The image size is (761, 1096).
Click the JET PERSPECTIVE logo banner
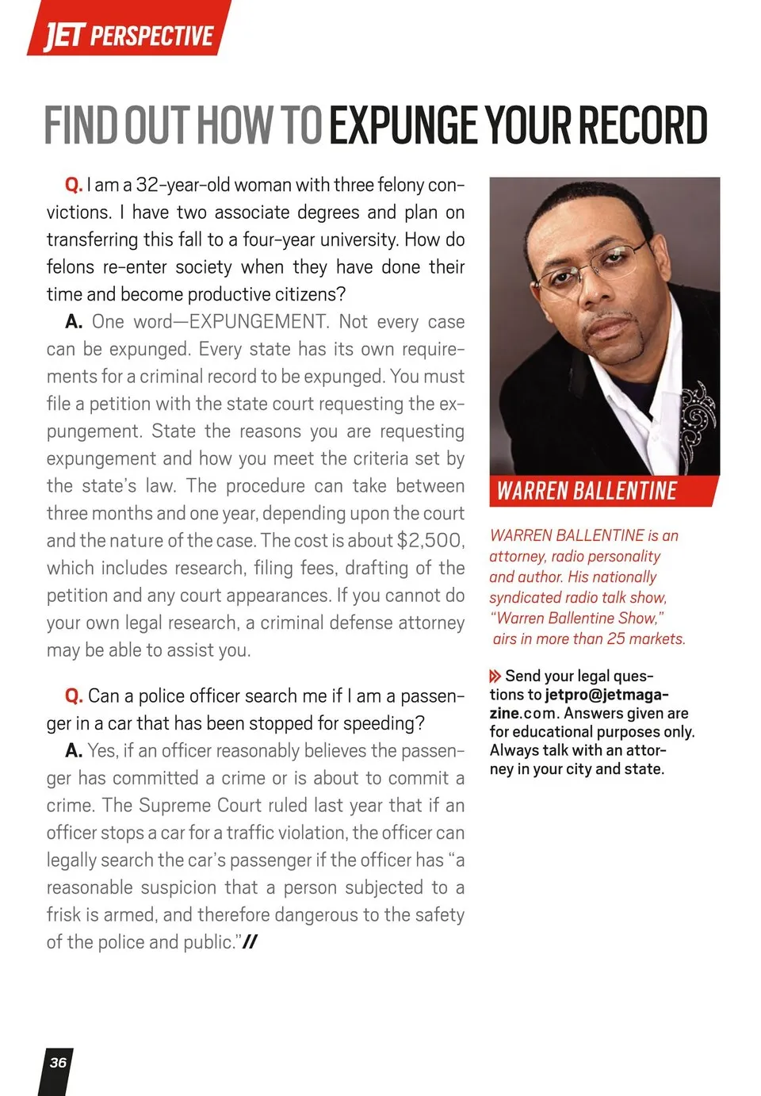[128, 34]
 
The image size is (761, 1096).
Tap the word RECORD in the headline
[641, 125]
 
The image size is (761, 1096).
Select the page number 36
[58, 1063]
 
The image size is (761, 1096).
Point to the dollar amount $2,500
[430, 541]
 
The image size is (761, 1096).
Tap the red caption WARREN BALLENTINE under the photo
[587, 491]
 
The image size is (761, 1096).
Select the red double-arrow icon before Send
[495, 676]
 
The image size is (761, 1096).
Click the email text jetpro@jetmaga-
[606, 695]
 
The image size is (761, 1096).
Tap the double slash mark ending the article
[250, 942]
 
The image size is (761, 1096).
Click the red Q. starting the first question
[74, 186]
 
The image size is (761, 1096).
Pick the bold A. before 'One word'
[74, 322]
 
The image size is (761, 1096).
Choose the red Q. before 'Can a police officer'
[74, 696]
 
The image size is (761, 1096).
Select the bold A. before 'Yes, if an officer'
[74, 751]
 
